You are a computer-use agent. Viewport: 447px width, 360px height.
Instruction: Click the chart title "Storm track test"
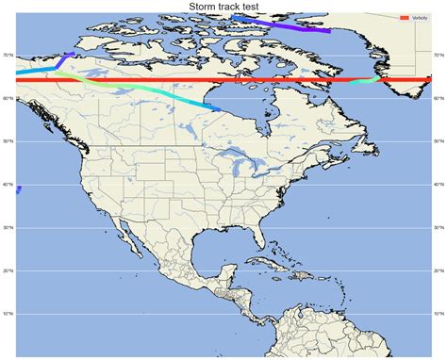223,7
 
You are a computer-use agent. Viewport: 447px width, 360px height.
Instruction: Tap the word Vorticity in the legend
420,18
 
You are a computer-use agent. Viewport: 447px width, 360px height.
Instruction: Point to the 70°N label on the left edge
8,56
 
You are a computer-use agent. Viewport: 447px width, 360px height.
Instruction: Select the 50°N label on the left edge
8,141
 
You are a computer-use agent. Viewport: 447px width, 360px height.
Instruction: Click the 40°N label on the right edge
439,185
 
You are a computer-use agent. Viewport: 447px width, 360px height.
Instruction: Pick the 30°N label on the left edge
8,228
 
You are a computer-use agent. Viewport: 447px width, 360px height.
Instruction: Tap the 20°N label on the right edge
439,270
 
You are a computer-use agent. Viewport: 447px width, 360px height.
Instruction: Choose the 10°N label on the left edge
8,314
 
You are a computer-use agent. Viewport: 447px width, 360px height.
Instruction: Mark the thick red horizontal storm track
223,81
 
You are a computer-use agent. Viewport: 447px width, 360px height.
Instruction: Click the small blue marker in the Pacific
18,189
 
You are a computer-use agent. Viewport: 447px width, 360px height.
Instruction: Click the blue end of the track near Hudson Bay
217,109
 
